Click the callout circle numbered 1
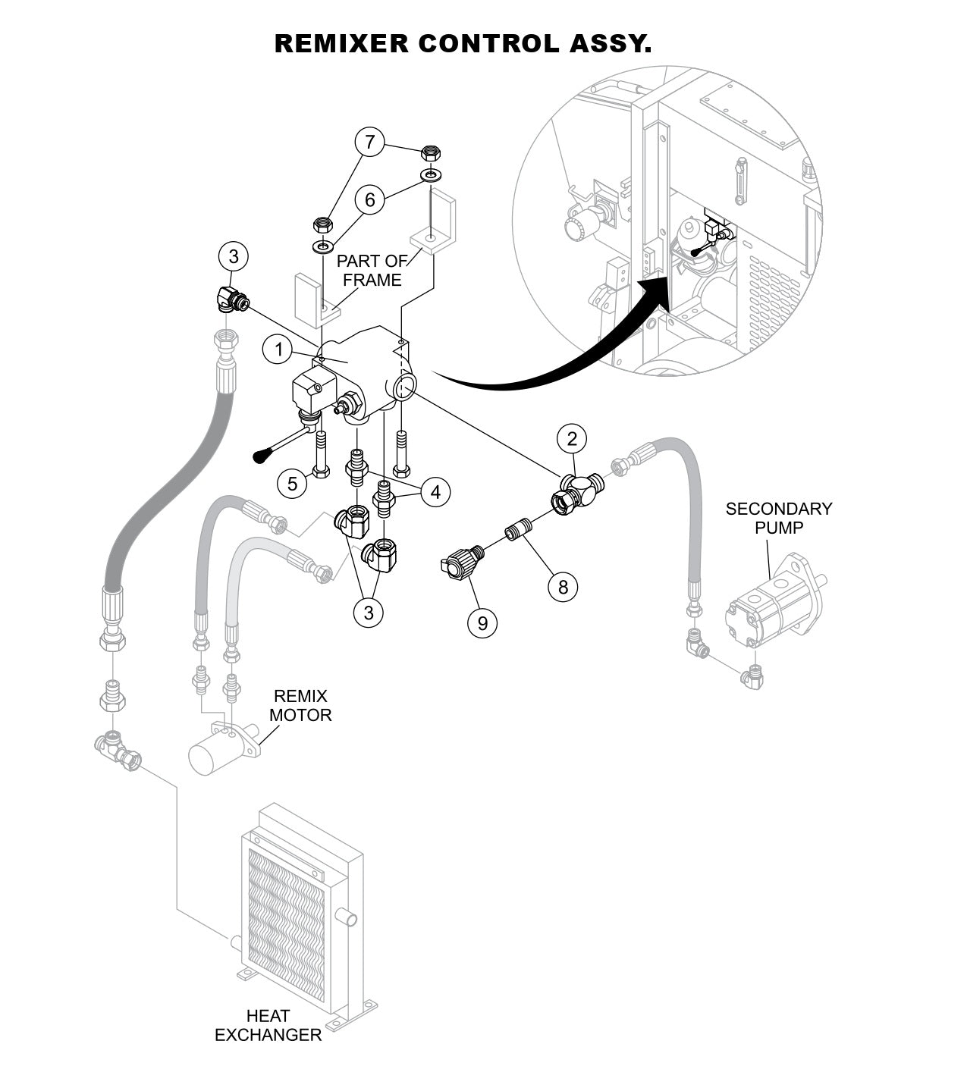click(279, 350)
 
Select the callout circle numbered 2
click(572, 439)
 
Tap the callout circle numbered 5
click(293, 482)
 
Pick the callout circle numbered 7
click(370, 143)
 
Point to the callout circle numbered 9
click(482, 622)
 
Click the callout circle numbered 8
click(563, 587)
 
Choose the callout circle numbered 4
click(435, 493)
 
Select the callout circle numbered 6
click(370, 199)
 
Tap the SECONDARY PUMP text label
click(778, 518)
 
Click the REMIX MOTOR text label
click(300, 705)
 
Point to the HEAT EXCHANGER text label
click(268, 1025)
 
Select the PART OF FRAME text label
click(372, 271)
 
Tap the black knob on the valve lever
click(262, 455)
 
